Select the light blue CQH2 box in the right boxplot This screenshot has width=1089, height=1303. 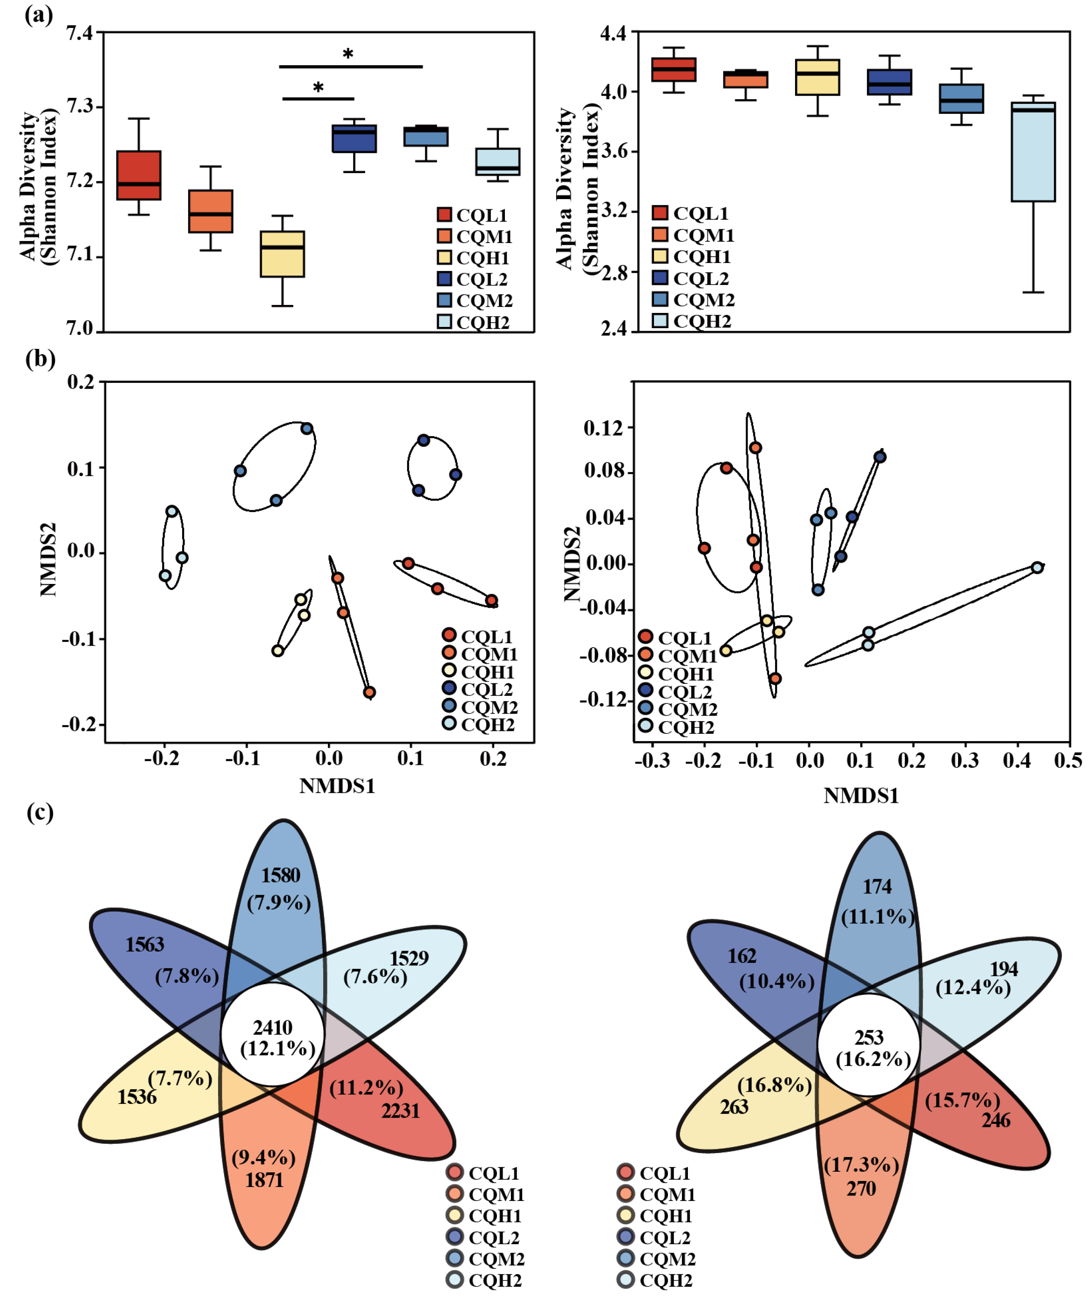tap(1033, 152)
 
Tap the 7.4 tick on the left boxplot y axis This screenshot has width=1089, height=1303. tap(80, 32)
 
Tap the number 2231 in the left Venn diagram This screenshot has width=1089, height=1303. tap(400, 1110)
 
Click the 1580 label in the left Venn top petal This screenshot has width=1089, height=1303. tap(280, 875)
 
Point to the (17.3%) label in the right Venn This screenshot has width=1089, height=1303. tap(861, 1165)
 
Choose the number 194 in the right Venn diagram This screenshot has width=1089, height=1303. tap(1003, 968)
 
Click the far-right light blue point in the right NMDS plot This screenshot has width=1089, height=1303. tap(1037, 567)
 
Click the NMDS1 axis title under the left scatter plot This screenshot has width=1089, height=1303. tap(337, 786)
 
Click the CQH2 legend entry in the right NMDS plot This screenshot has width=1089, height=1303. tap(685, 727)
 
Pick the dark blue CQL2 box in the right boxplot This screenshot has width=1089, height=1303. tap(889, 82)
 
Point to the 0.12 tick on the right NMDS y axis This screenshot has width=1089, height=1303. tap(604, 428)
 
